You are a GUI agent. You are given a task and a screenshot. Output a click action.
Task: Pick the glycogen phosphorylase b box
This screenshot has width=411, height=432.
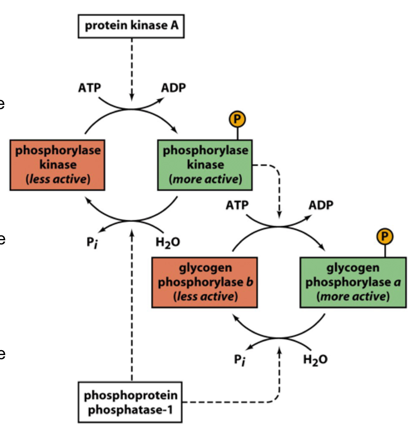(x=204, y=283)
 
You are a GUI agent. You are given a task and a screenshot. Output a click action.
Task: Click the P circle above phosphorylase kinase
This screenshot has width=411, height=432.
(x=237, y=119)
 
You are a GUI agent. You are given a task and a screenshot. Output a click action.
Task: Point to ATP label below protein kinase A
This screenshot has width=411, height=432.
(x=88, y=88)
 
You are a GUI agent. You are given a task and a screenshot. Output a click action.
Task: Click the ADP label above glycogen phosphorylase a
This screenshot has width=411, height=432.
(x=322, y=205)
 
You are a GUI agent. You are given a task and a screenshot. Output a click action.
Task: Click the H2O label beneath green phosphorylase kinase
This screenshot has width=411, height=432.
(x=167, y=242)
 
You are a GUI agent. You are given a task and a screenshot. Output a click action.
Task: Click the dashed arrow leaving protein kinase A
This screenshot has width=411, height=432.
(x=132, y=66)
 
